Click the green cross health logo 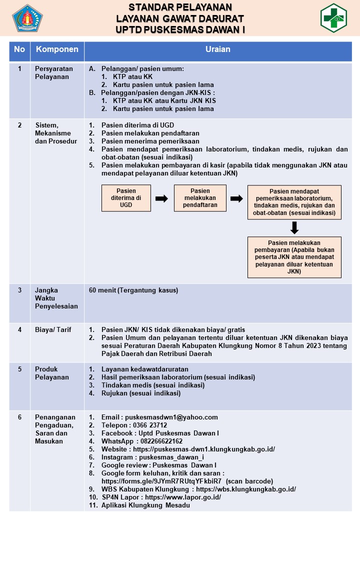click(x=333, y=18)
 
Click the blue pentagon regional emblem click(x=27, y=18)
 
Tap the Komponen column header click(x=57, y=49)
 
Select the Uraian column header click(x=218, y=49)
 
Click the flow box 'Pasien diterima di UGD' click(x=126, y=198)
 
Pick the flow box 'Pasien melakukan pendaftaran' click(x=200, y=198)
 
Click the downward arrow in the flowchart click(x=294, y=228)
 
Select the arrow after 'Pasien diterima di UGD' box click(x=161, y=198)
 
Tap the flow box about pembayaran click(x=294, y=257)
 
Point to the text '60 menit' click(x=102, y=290)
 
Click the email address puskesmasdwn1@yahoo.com click(x=171, y=417)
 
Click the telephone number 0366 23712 click(x=150, y=425)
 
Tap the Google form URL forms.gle click(x=161, y=481)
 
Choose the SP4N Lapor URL click(x=183, y=497)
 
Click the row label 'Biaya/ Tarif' click(x=53, y=330)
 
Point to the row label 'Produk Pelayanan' click(x=52, y=373)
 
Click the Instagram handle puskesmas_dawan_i click(x=171, y=457)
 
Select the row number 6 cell click(x=19, y=417)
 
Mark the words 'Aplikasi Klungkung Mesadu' click(x=145, y=505)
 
